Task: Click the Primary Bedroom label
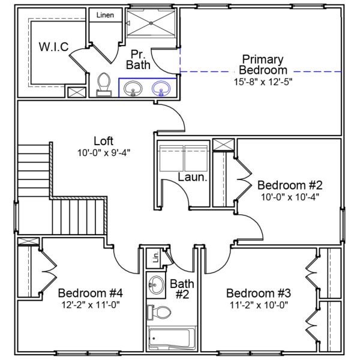(262, 65)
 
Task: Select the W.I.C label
(54, 47)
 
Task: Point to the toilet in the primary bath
(104, 84)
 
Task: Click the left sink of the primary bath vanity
(133, 89)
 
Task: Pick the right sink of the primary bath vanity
(161, 89)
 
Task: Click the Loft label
(103, 141)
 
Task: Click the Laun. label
(193, 178)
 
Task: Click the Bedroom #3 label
(259, 293)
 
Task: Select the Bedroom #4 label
(91, 293)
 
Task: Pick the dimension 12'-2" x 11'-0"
(91, 305)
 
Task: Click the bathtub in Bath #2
(172, 339)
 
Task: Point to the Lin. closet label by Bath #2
(155, 258)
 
